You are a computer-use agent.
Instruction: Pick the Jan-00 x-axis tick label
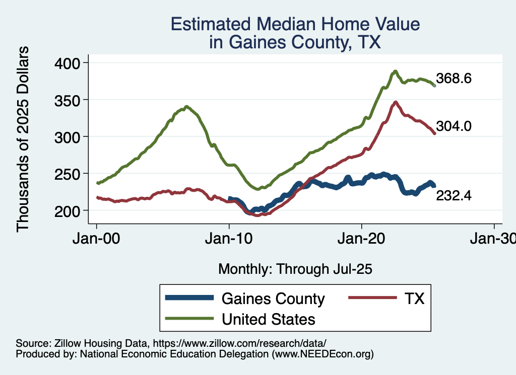[x=97, y=239]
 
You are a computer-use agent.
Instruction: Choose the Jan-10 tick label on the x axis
[x=229, y=239]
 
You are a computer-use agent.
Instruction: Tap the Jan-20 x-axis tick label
[x=362, y=239]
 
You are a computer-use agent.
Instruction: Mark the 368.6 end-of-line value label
[x=454, y=79]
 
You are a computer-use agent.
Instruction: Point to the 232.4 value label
[x=454, y=196]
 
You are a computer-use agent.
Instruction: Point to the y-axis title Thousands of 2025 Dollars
[x=23, y=138]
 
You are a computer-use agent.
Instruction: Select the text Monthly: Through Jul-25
[x=295, y=269]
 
